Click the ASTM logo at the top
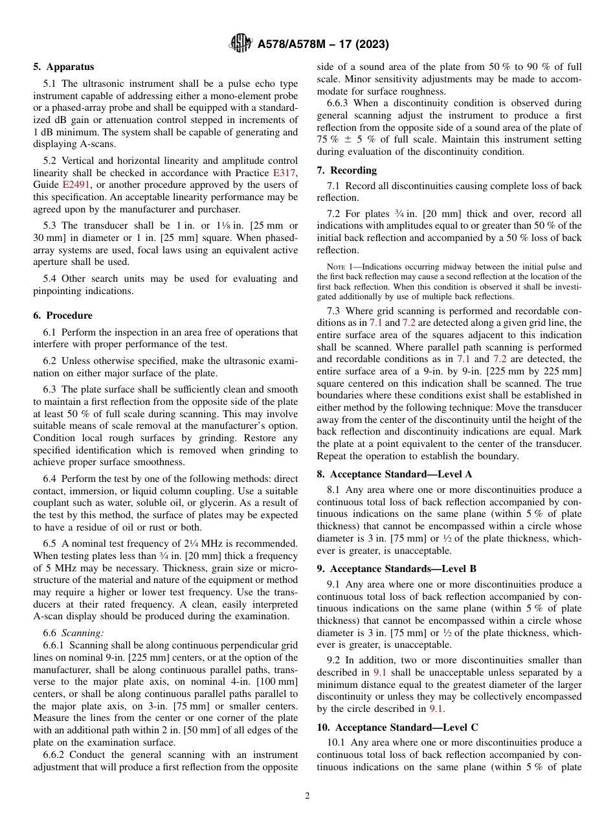(x=241, y=44)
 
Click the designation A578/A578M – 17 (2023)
(x=323, y=45)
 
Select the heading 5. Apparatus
(x=63, y=67)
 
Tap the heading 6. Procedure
(x=63, y=315)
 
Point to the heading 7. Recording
(x=346, y=170)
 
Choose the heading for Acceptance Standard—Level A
(x=394, y=474)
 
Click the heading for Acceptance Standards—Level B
(x=396, y=569)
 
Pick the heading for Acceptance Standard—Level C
(x=397, y=727)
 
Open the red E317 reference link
(x=284, y=173)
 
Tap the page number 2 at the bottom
(x=307, y=796)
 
